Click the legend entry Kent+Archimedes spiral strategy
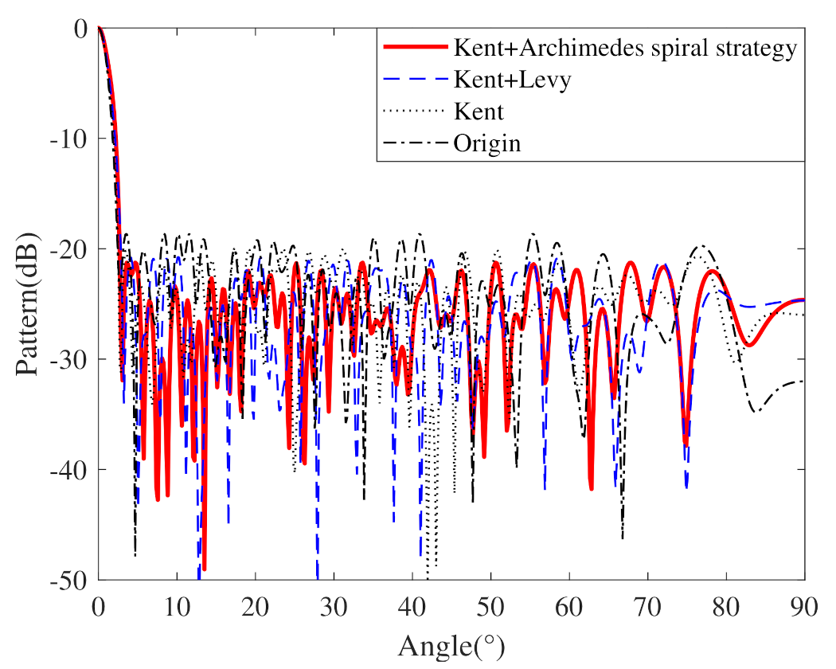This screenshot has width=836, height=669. [624, 49]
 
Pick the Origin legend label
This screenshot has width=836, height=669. [486, 143]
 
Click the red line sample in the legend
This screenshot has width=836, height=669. [414, 49]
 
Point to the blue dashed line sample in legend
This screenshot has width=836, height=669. [414, 80]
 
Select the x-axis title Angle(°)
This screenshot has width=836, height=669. [451, 644]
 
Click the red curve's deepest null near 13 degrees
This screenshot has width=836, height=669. [204, 568]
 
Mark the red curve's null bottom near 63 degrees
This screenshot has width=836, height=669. [592, 487]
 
